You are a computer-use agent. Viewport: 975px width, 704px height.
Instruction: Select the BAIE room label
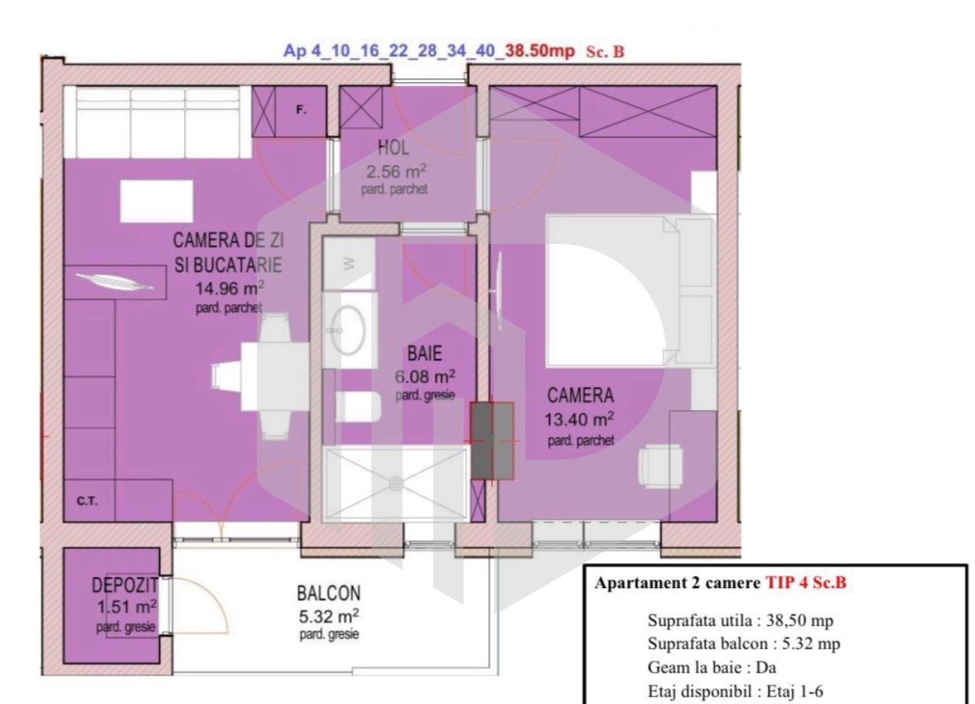pyautogui.click(x=424, y=355)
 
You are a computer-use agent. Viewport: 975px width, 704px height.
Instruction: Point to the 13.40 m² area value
pyautogui.click(x=580, y=420)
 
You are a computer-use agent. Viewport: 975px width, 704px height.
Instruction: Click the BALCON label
pyautogui.click(x=328, y=594)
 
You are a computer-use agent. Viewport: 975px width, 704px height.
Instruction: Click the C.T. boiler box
pyautogui.click(x=87, y=501)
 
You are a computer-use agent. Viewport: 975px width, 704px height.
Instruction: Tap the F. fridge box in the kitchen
pyautogui.click(x=302, y=111)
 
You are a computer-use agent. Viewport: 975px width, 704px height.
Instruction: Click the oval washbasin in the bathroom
pyautogui.click(x=350, y=330)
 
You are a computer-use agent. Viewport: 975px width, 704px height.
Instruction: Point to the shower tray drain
pyautogui.click(x=395, y=484)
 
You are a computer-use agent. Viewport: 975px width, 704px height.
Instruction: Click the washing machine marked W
pyautogui.click(x=349, y=264)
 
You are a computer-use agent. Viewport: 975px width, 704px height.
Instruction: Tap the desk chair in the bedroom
pyautogui.click(x=660, y=467)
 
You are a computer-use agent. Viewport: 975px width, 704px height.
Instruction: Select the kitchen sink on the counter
pyautogui.click(x=115, y=282)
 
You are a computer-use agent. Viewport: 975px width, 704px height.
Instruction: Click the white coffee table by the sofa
pyautogui.click(x=156, y=201)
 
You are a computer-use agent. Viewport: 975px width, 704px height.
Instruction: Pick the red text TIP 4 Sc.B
pyautogui.click(x=806, y=584)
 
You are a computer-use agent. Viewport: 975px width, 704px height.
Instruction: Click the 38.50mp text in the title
pyautogui.click(x=539, y=51)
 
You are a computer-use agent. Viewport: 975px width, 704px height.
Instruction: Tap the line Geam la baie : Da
pyautogui.click(x=711, y=669)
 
